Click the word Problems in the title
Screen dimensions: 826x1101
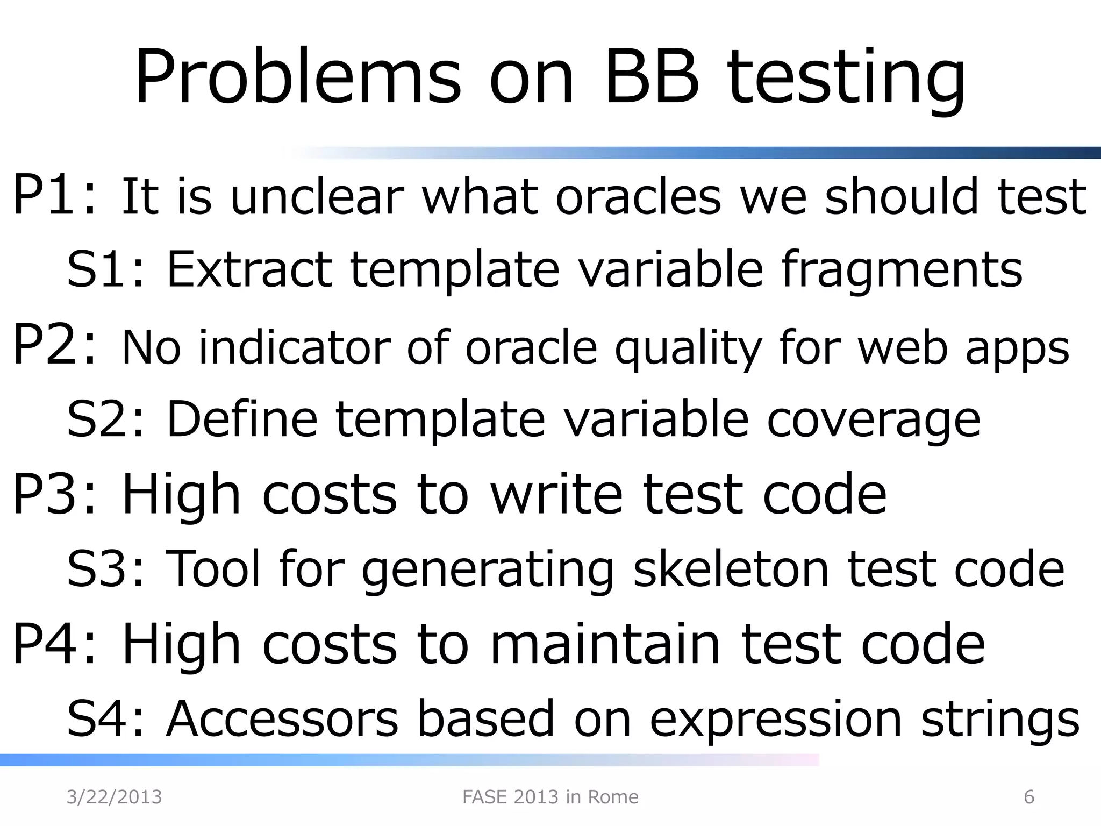click(297, 78)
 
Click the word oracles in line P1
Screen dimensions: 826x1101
click(638, 196)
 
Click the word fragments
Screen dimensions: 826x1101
click(901, 269)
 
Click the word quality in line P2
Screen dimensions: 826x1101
click(688, 348)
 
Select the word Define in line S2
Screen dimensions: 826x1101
click(242, 419)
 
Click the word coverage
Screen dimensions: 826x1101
click(874, 419)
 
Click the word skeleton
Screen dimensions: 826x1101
click(731, 569)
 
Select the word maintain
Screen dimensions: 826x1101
click(605, 644)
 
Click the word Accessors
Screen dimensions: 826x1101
click(282, 718)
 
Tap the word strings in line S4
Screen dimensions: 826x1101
click(1000, 718)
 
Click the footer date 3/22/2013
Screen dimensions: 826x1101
click(114, 797)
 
